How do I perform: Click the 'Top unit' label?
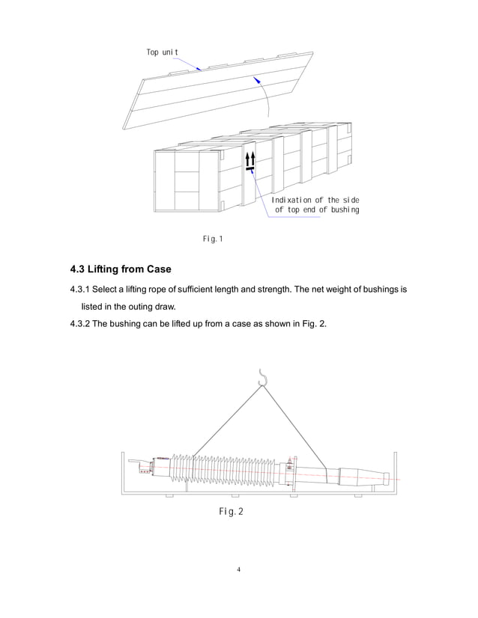tap(162, 52)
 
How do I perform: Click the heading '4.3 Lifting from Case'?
tap(121, 269)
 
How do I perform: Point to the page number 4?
tap(238, 569)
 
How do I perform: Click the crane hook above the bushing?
tap(262, 379)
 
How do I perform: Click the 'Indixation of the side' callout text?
tap(315, 200)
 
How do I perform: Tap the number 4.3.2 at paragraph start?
tap(79, 325)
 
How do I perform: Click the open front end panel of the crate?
tap(187, 180)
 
